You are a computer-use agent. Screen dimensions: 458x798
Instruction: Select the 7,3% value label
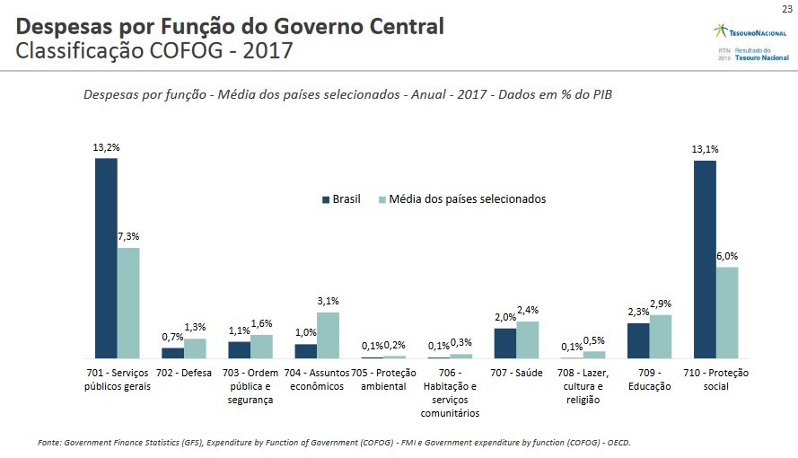tap(128, 236)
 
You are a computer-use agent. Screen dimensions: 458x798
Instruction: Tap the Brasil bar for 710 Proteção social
tap(705, 260)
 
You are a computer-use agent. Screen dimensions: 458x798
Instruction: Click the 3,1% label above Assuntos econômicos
tap(328, 301)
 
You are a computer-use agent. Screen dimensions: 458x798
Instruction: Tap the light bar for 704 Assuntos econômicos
tap(328, 335)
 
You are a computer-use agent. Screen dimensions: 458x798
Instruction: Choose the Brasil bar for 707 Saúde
tap(505, 343)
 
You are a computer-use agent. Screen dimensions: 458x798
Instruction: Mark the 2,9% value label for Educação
tap(661, 304)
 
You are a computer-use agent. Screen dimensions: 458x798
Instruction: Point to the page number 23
tap(786, 8)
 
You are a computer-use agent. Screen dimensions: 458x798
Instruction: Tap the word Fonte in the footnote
tap(50, 443)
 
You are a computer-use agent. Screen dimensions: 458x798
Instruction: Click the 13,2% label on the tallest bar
tap(106, 146)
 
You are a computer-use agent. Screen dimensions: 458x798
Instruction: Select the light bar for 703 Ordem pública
tap(261, 347)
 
